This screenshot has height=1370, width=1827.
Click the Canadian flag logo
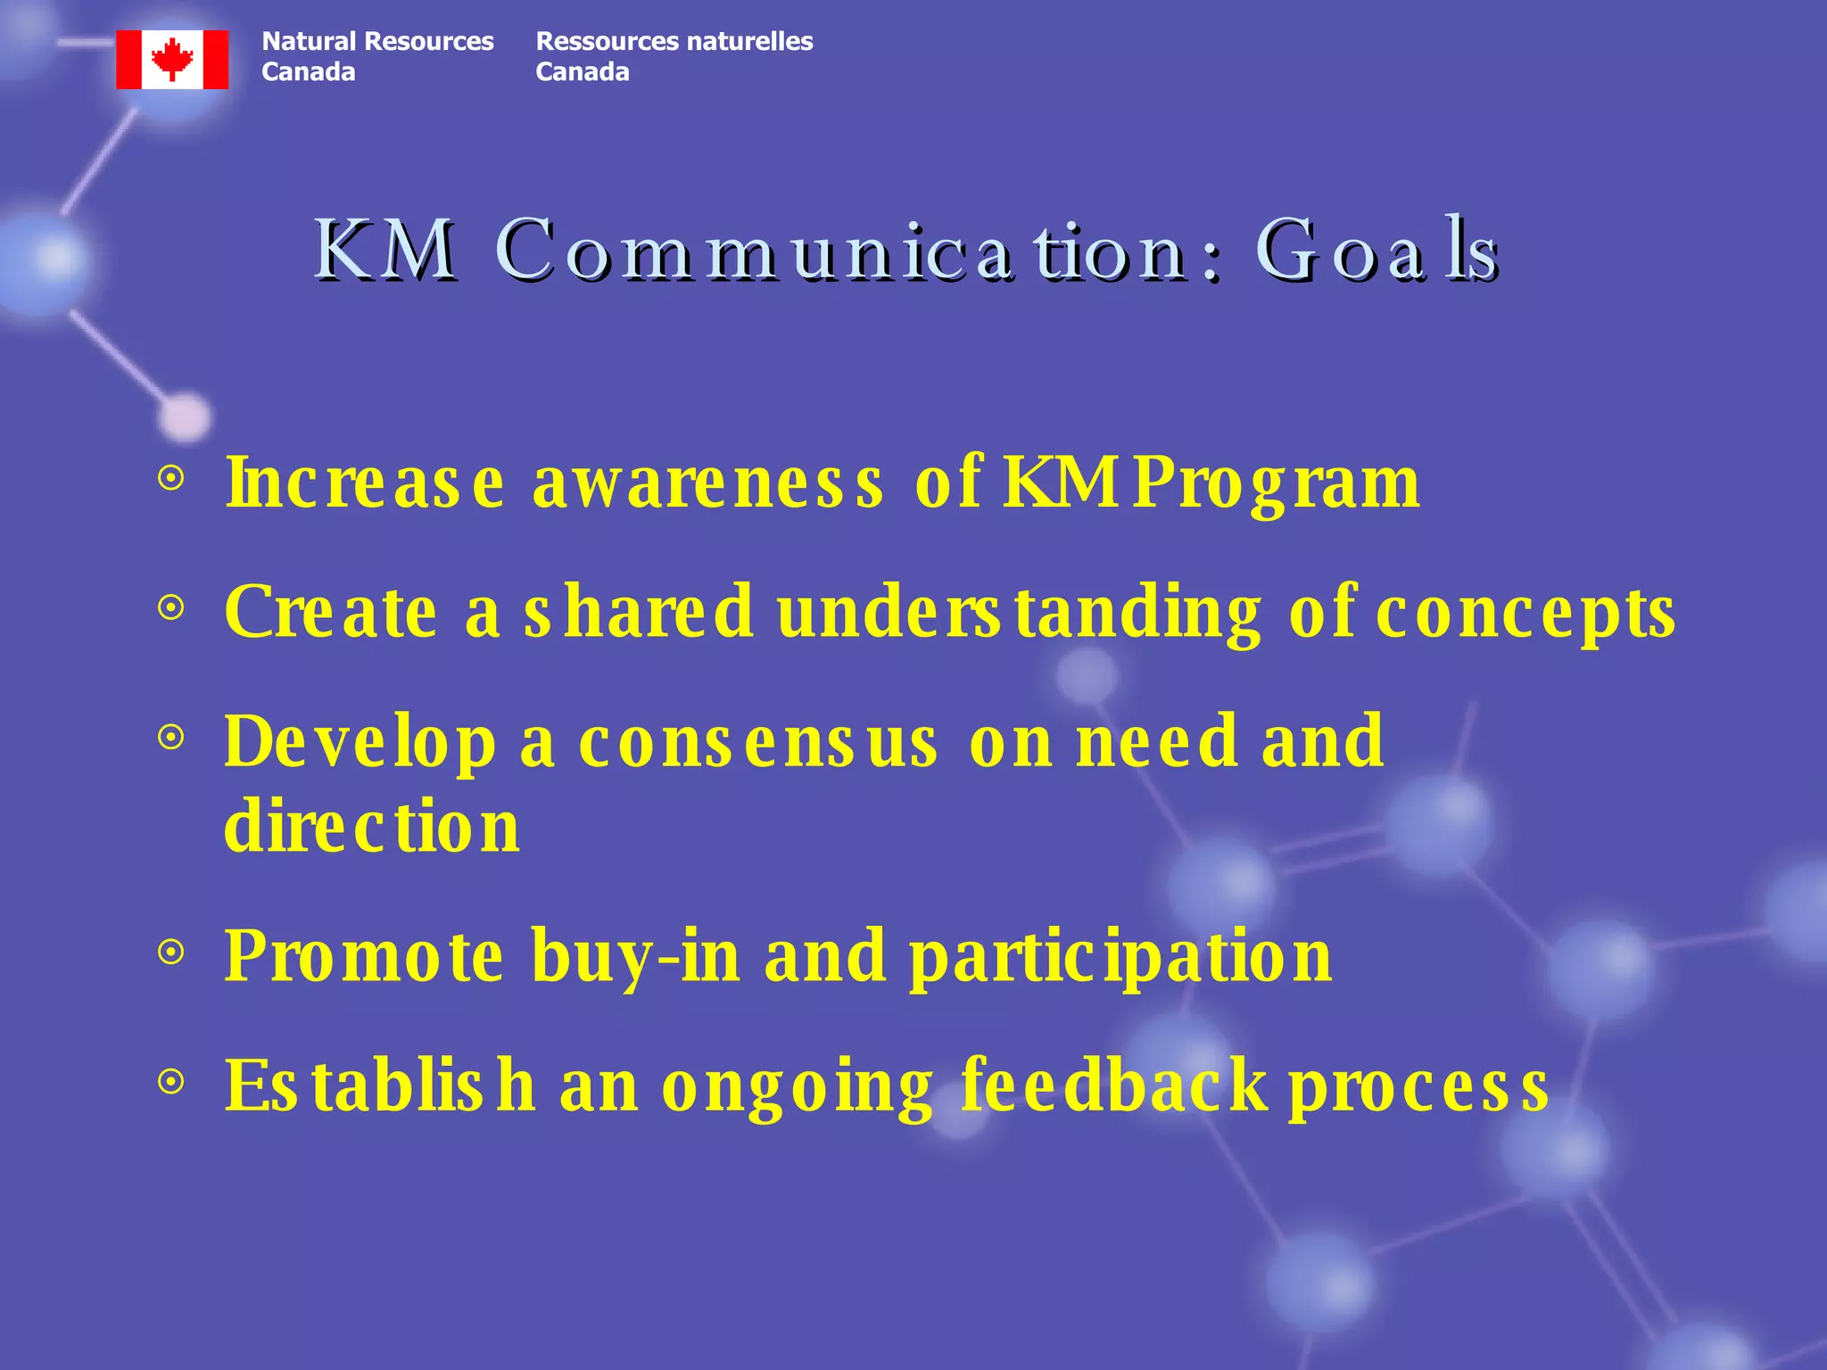[172, 60]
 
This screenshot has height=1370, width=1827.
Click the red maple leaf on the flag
[172, 60]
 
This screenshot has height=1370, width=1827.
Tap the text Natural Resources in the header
[377, 41]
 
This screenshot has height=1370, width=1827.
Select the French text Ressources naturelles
[674, 41]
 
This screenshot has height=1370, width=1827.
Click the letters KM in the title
[384, 252]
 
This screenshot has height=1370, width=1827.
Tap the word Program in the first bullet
[1277, 483]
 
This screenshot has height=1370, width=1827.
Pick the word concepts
[1525, 613]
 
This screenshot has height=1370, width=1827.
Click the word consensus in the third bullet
[758, 742]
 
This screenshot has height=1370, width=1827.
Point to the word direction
[372, 827]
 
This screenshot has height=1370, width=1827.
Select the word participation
[1120, 956]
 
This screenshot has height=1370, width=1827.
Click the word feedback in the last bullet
[1114, 1085]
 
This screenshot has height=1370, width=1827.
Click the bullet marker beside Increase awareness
[170, 479]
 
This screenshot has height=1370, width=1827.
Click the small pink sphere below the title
[185, 416]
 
